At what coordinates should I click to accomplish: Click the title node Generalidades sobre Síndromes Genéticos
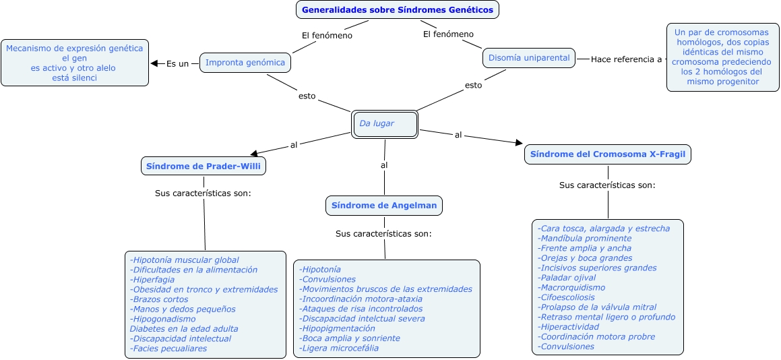click(398, 10)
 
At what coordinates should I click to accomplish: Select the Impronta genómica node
click(245, 63)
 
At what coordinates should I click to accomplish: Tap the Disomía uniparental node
click(529, 58)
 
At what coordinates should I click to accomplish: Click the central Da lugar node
click(385, 124)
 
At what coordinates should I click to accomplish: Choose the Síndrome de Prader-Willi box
click(204, 165)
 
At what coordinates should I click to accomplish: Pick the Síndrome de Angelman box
click(383, 206)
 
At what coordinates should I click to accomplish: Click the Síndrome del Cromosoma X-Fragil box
click(608, 154)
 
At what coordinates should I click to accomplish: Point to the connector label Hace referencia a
click(626, 59)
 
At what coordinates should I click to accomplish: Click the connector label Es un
click(177, 64)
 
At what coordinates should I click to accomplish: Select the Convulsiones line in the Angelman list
click(328, 279)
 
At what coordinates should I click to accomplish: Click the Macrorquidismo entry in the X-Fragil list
click(562, 288)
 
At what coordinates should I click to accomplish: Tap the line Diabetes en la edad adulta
click(183, 329)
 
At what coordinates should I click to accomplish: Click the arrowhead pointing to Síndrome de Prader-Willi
click(254, 153)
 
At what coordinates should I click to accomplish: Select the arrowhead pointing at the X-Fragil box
click(519, 142)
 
